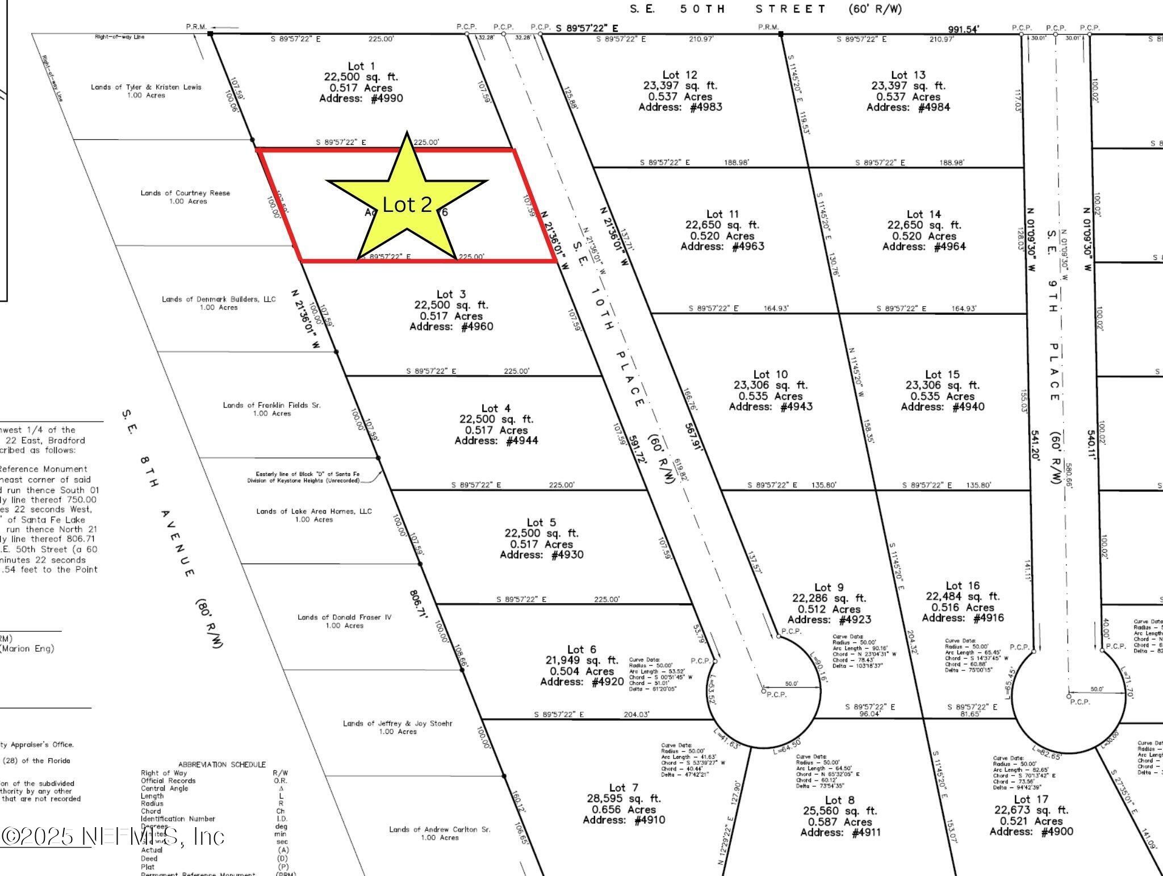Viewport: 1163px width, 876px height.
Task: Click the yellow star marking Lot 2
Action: (x=407, y=199)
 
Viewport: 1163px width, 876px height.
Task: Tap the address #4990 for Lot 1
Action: (x=361, y=99)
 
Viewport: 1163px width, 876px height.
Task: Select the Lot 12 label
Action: (x=680, y=75)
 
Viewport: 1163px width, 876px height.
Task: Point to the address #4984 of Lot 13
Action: (x=908, y=107)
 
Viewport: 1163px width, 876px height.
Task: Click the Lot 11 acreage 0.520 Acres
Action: (x=722, y=236)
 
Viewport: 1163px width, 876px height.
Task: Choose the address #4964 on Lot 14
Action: (x=923, y=247)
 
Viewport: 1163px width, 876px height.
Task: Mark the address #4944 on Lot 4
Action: (x=496, y=441)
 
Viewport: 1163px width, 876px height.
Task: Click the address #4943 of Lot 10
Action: (x=771, y=407)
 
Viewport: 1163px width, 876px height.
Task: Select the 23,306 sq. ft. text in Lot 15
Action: (x=942, y=385)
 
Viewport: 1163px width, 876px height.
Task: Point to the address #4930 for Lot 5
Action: (x=541, y=554)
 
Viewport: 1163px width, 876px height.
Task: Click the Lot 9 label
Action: (x=829, y=587)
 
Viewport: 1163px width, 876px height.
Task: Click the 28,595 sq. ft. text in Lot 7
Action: (x=624, y=798)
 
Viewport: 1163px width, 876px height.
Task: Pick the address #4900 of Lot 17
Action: (x=1031, y=832)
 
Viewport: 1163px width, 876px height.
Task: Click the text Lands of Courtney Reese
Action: (x=185, y=193)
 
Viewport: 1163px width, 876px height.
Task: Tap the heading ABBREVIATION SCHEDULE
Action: (x=221, y=765)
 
